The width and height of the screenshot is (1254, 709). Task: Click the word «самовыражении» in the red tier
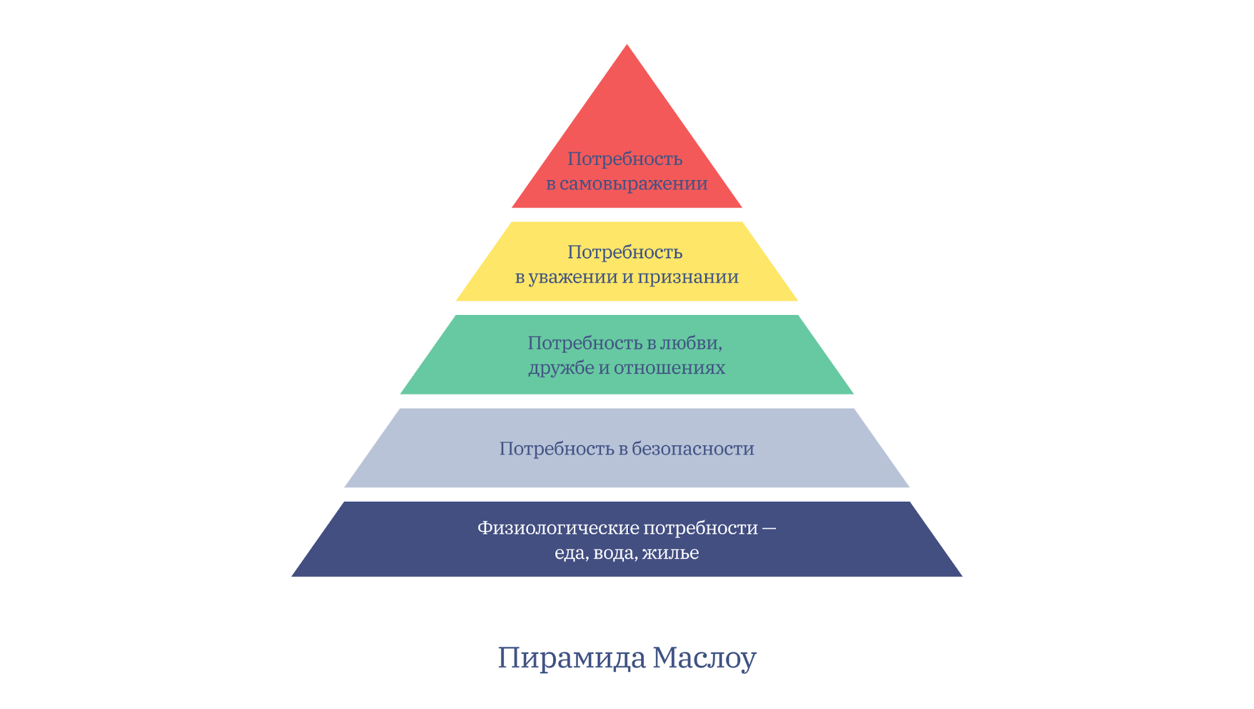click(634, 184)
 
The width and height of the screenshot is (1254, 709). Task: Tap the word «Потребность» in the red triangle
click(625, 159)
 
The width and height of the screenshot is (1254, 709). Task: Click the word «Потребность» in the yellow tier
click(625, 252)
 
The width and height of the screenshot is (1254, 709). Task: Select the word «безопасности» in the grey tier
click(693, 449)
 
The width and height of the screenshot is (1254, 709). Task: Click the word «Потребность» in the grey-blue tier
click(556, 449)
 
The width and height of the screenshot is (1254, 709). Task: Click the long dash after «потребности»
click(770, 529)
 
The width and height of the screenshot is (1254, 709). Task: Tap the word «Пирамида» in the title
click(571, 658)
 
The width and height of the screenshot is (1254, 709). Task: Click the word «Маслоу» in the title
click(704, 658)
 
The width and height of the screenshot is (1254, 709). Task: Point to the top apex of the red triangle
click(627, 44)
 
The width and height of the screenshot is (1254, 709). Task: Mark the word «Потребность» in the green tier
click(585, 343)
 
